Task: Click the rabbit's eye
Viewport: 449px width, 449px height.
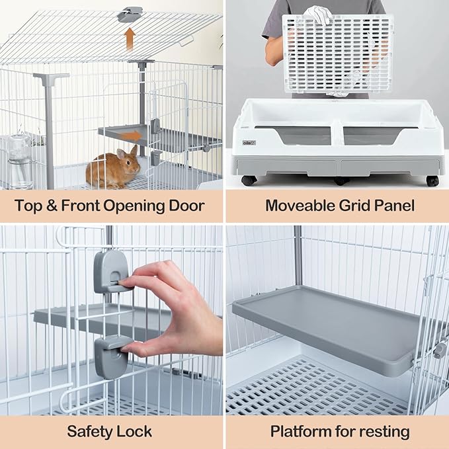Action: coord(128,163)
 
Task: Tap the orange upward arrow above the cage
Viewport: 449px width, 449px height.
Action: coord(130,39)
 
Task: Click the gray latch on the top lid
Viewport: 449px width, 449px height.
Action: coord(130,15)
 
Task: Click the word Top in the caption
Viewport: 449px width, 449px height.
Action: coord(28,206)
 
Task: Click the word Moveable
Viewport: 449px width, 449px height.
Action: coord(300,205)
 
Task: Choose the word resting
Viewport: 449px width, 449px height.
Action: coord(384,432)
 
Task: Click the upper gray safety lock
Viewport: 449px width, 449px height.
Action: coord(110,272)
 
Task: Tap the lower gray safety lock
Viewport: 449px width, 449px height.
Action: coord(111,357)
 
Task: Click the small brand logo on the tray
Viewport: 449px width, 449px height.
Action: coord(249,143)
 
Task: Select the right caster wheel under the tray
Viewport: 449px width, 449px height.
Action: coord(432,181)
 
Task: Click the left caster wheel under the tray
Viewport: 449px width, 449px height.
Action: coord(249,181)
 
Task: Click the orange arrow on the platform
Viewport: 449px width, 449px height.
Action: coord(132,136)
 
